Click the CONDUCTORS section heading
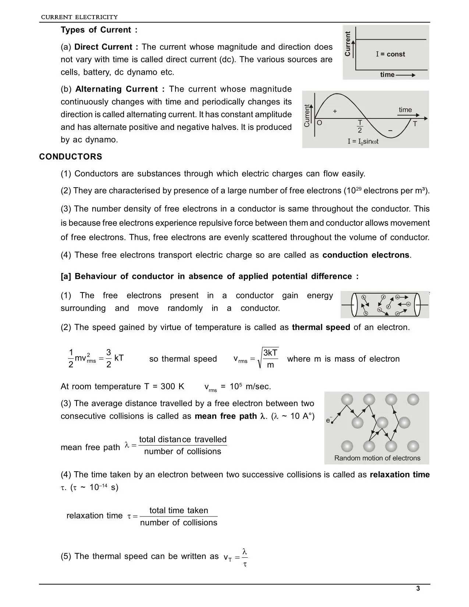pyautogui.click(x=71, y=157)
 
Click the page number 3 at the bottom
pyautogui.click(x=418, y=589)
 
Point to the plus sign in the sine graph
pyautogui.click(x=335, y=111)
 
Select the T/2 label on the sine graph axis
pyautogui.click(x=360, y=126)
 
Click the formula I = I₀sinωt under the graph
pyautogui.click(x=363, y=141)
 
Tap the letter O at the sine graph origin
pyautogui.click(x=319, y=123)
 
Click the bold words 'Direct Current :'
pyautogui.click(x=106, y=47)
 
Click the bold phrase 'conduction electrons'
pyautogui.click(x=366, y=255)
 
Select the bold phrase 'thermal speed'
pyautogui.click(x=321, y=327)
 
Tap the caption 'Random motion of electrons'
pyautogui.click(x=377, y=458)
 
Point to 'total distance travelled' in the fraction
pyautogui.click(x=183, y=439)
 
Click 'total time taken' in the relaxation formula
pyautogui.click(x=179, y=510)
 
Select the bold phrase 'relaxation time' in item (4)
pyautogui.click(x=399, y=475)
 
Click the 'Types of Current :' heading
pyautogui.click(x=99, y=30)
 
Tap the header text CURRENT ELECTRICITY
pyautogui.click(x=79, y=17)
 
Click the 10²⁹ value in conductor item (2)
pyautogui.click(x=353, y=191)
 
